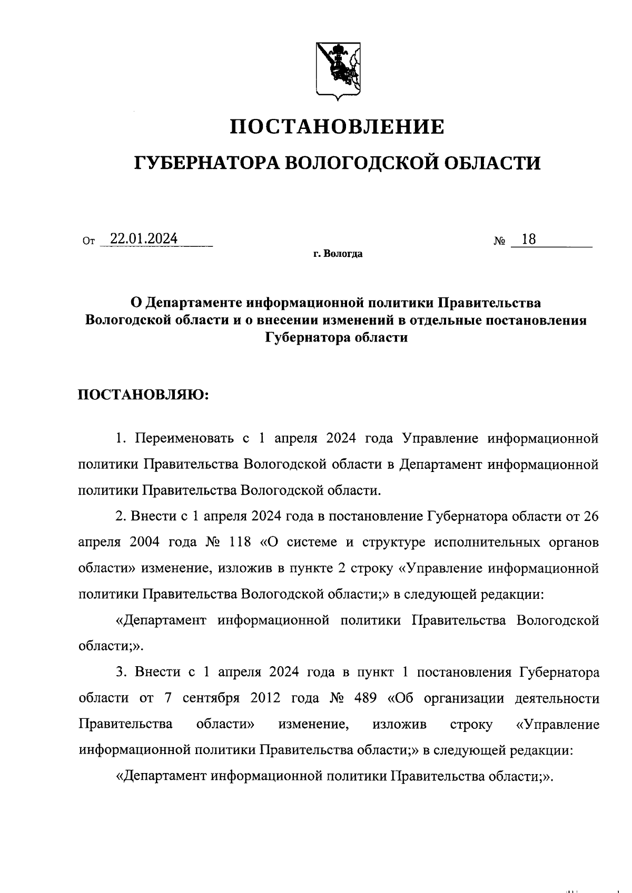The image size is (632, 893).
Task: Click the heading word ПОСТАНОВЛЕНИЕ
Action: pos(338,127)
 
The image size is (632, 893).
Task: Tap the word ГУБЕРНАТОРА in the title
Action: pos(206,163)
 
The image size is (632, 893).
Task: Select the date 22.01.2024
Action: pos(140,239)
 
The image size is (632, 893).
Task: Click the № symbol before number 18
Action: pos(499,242)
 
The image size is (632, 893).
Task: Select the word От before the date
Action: pos(88,242)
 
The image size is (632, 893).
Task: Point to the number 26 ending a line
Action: pos(590,516)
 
